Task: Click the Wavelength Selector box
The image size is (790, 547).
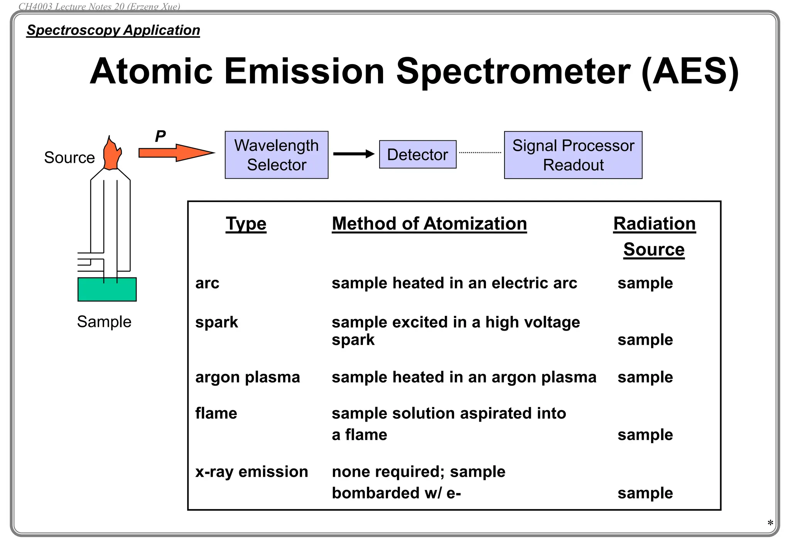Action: pyautogui.click(x=276, y=155)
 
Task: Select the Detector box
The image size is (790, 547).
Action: pyautogui.click(x=417, y=154)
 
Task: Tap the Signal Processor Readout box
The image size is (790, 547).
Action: pyautogui.click(x=573, y=155)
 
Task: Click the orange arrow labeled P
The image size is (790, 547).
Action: pyautogui.click(x=176, y=153)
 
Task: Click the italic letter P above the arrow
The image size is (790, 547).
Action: pyautogui.click(x=160, y=136)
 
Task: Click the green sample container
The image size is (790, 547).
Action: pyautogui.click(x=107, y=289)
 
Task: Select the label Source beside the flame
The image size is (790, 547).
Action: pyautogui.click(x=69, y=157)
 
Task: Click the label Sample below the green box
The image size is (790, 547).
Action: pyautogui.click(x=104, y=321)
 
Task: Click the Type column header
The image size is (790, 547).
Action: pyautogui.click(x=246, y=224)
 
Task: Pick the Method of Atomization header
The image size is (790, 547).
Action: pyautogui.click(x=429, y=224)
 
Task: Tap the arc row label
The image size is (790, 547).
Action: pyautogui.click(x=207, y=283)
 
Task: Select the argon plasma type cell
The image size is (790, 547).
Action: pyautogui.click(x=247, y=377)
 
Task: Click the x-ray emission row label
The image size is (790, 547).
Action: pyautogui.click(x=252, y=472)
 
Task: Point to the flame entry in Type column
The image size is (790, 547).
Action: pyautogui.click(x=216, y=413)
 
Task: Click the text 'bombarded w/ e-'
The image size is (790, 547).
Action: pyautogui.click(x=396, y=493)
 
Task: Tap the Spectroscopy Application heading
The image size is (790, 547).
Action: pyautogui.click(x=113, y=30)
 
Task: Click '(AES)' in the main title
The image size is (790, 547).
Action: pyautogui.click(x=689, y=72)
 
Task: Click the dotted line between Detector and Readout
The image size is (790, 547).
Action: pyautogui.click(x=480, y=153)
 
